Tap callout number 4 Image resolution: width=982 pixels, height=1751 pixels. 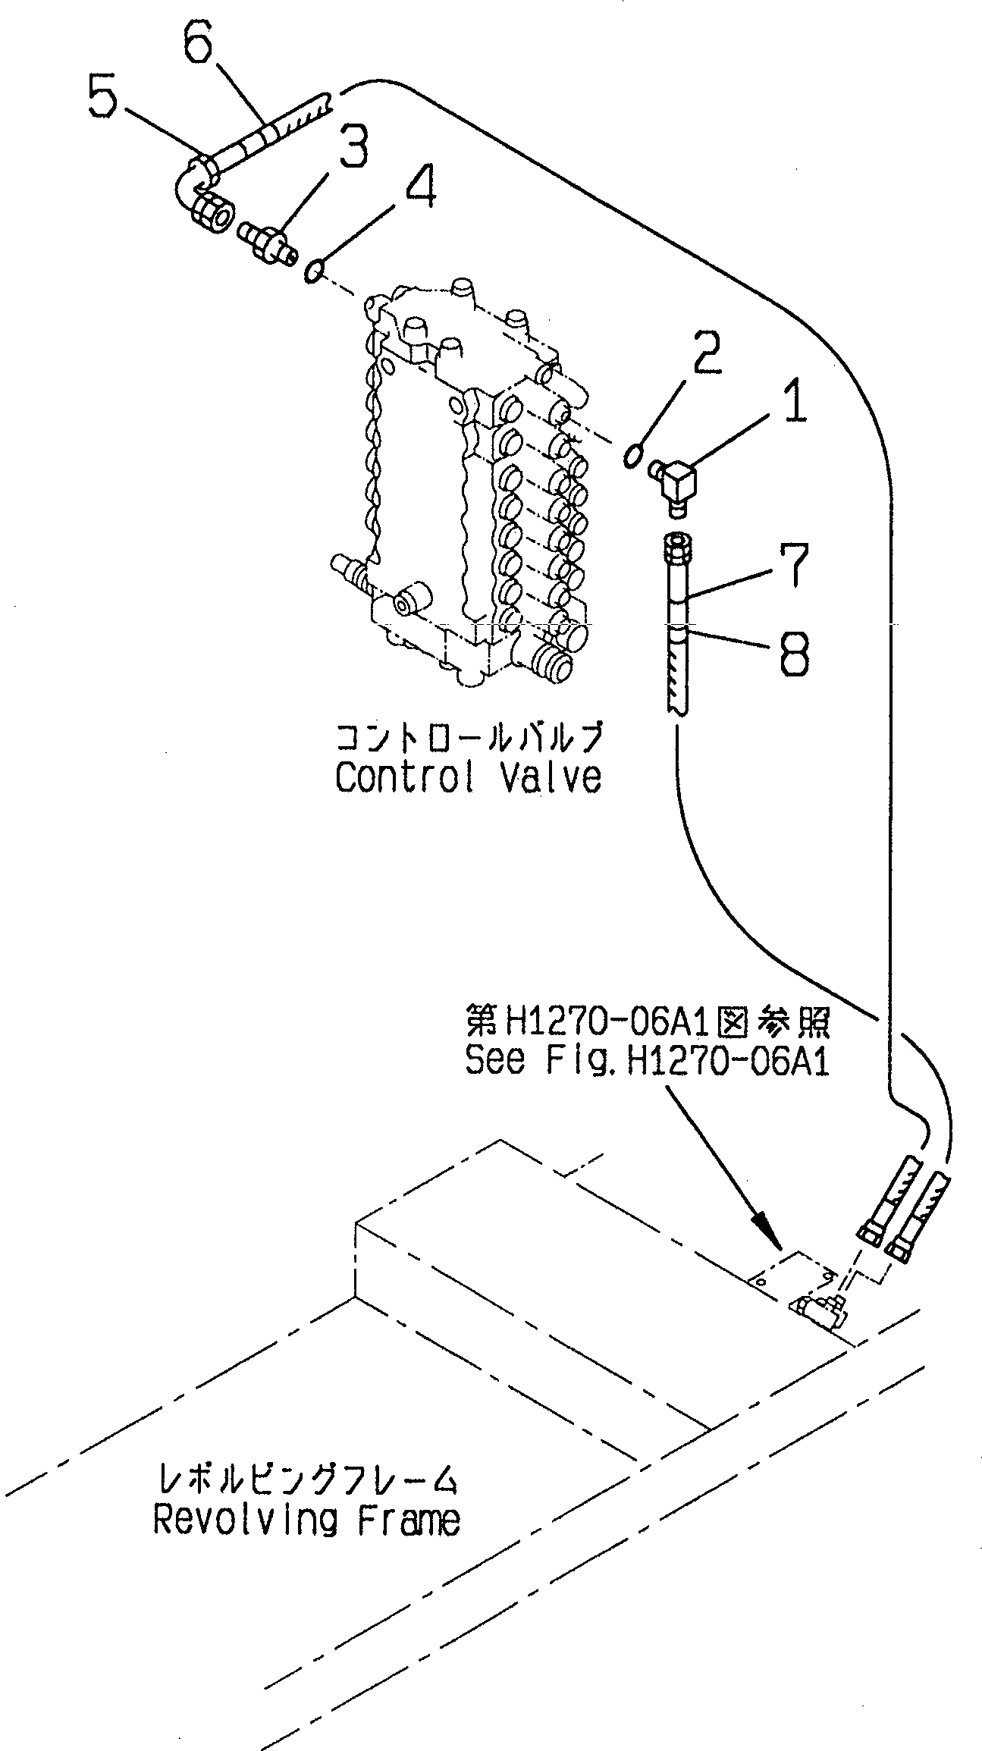(419, 186)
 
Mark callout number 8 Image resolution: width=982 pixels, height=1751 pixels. (793, 651)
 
